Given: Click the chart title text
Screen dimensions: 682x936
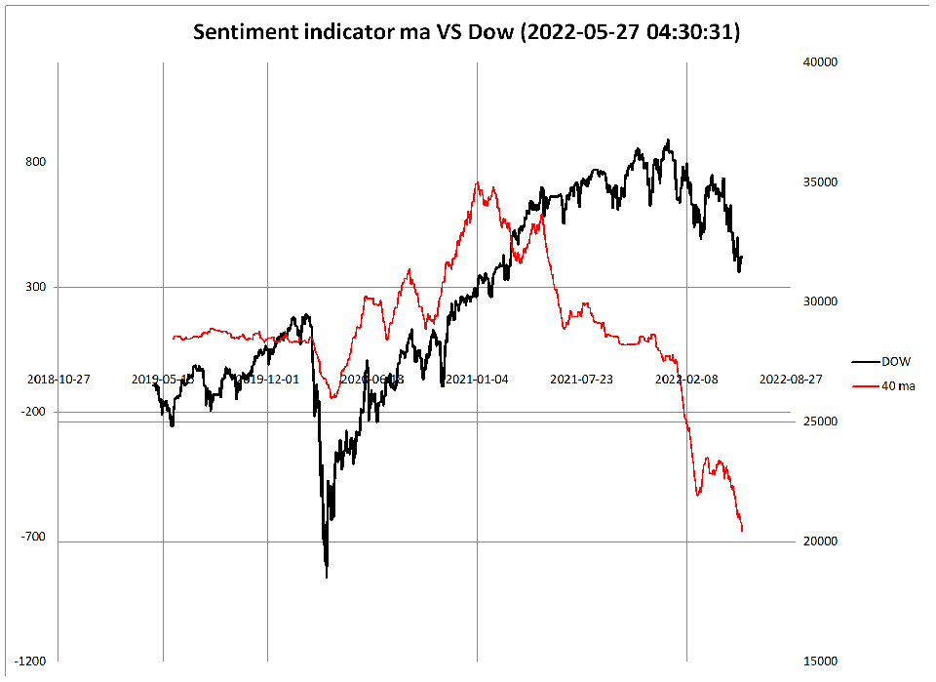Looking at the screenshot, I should pyautogui.click(x=467, y=31).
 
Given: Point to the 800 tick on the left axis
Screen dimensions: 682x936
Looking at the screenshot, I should pyautogui.click(x=37, y=162).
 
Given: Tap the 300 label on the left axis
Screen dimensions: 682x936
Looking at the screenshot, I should pyautogui.click(x=37, y=287).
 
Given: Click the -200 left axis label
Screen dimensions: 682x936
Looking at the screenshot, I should pyautogui.click(x=35, y=413).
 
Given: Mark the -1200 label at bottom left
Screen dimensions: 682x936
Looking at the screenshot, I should pyautogui.click(x=32, y=662).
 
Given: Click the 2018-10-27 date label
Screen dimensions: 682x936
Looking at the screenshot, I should pyautogui.click(x=58, y=379).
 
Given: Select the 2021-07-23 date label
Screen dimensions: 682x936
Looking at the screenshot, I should pyautogui.click(x=582, y=379).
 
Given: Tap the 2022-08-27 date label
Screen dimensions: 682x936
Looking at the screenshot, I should pyautogui.click(x=791, y=379).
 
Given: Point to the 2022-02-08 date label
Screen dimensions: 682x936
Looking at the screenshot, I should pyautogui.click(x=686, y=379).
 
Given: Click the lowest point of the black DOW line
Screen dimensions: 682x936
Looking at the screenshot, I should pyautogui.click(x=326, y=577).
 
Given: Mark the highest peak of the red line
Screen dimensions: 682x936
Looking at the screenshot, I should pyautogui.click(x=478, y=182).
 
